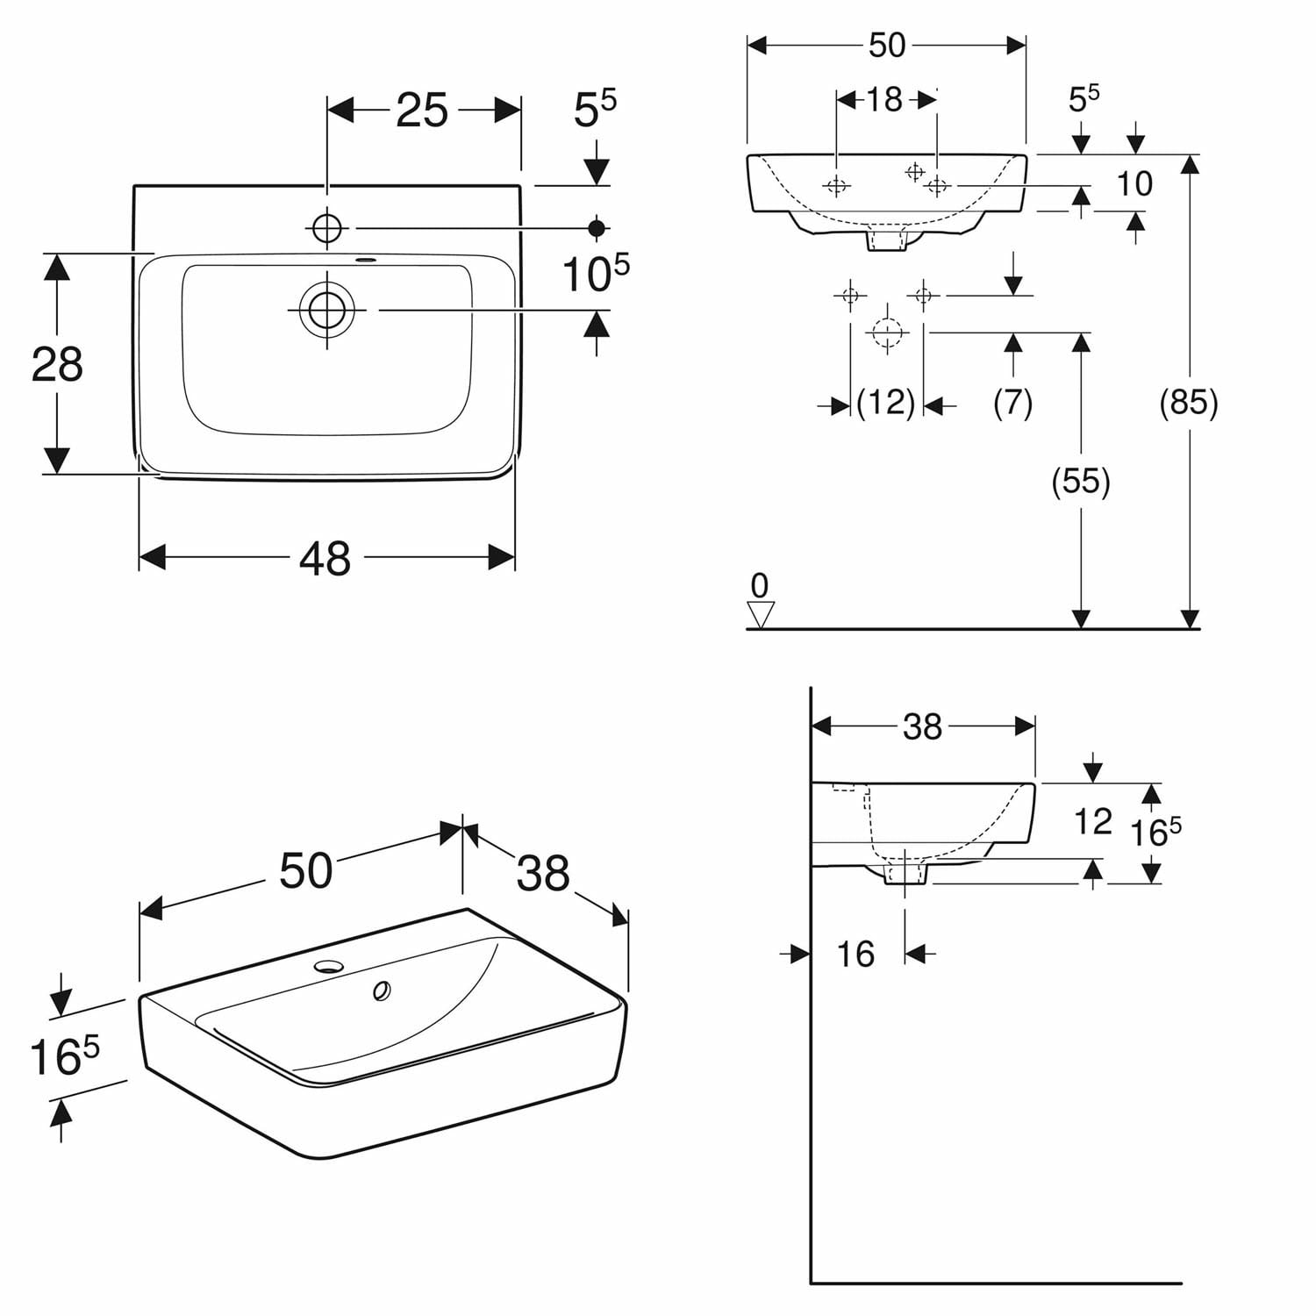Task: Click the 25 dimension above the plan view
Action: (422, 111)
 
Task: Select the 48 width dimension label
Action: (325, 558)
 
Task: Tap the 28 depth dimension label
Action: (57, 363)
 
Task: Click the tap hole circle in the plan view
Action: (327, 228)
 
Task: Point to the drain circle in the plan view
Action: (327, 310)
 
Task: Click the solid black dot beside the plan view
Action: (597, 228)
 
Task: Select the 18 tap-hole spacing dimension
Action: (884, 100)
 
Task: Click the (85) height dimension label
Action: (1189, 403)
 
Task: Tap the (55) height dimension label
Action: (1081, 482)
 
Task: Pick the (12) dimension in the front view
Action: (886, 403)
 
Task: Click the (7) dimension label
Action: (1013, 403)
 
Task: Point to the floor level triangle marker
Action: (761, 614)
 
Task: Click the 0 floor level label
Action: (760, 585)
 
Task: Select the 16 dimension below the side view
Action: (855, 954)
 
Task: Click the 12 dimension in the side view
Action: (1093, 821)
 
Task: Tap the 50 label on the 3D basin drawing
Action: (306, 871)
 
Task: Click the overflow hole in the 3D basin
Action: (382, 991)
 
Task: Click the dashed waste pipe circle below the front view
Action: (886, 333)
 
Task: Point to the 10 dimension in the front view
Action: (1134, 183)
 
